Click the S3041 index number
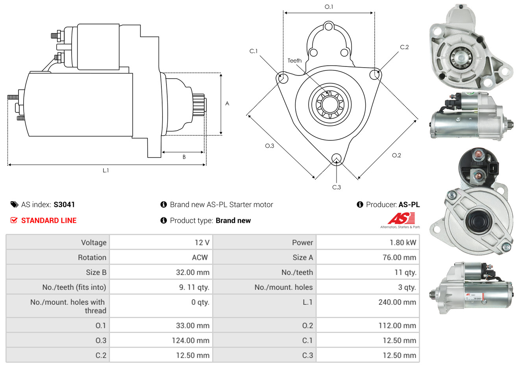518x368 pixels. (64, 204)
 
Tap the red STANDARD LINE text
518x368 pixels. (48, 221)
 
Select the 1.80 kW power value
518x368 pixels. (403, 243)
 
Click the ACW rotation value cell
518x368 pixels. (200, 258)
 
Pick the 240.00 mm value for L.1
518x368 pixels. (397, 302)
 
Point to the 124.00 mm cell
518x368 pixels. (191, 340)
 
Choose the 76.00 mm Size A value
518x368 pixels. (399, 258)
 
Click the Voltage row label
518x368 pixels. (94, 243)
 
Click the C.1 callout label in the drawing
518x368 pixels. (253, 51)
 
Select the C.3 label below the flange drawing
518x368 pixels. (337, 187)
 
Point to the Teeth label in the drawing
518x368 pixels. (294, 61)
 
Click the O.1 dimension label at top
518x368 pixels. (329, 7)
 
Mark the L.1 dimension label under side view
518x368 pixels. (106, 170)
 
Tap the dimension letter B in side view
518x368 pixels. (184, 157)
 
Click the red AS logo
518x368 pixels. (401, 218)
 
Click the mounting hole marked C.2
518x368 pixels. (376, 74)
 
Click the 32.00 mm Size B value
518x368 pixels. (192, 272)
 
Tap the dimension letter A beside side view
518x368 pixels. (227, 103)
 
